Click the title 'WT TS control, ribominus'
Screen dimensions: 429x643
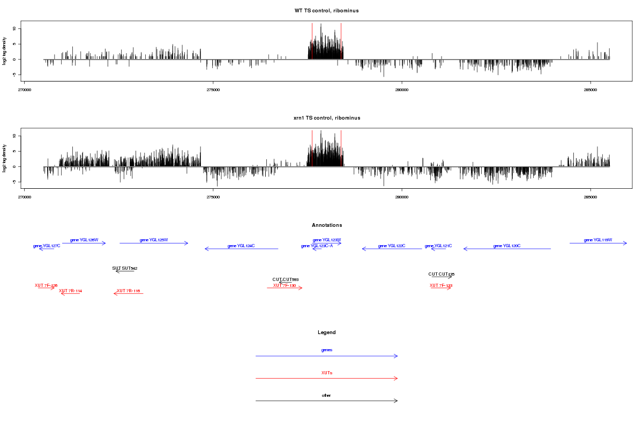(327, 11)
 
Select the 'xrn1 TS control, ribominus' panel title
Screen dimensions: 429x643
(327, 117)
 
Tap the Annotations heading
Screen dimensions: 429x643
(327, 225)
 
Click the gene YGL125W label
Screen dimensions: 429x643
(154, 240)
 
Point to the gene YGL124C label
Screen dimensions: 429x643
(241, 246)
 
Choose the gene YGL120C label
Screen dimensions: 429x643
(507, 246)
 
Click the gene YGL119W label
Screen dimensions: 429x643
(598, 240)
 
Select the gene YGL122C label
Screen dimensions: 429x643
(392, 246)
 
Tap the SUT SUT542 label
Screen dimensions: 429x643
(125, 268)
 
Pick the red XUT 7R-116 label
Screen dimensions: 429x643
(128, 291)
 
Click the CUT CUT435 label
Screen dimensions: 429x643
(442, 274)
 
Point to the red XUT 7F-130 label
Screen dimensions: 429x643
(285, 285)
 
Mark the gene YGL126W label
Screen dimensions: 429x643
(84, 240)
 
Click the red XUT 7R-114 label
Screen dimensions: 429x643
(70, 291)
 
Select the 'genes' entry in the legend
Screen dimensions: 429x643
(327, 350)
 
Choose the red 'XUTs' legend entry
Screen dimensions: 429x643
(327, 372)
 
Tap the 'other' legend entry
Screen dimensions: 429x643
(327, 395)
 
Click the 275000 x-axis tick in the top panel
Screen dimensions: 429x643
(213, 88)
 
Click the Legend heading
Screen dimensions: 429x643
(327, 332)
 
